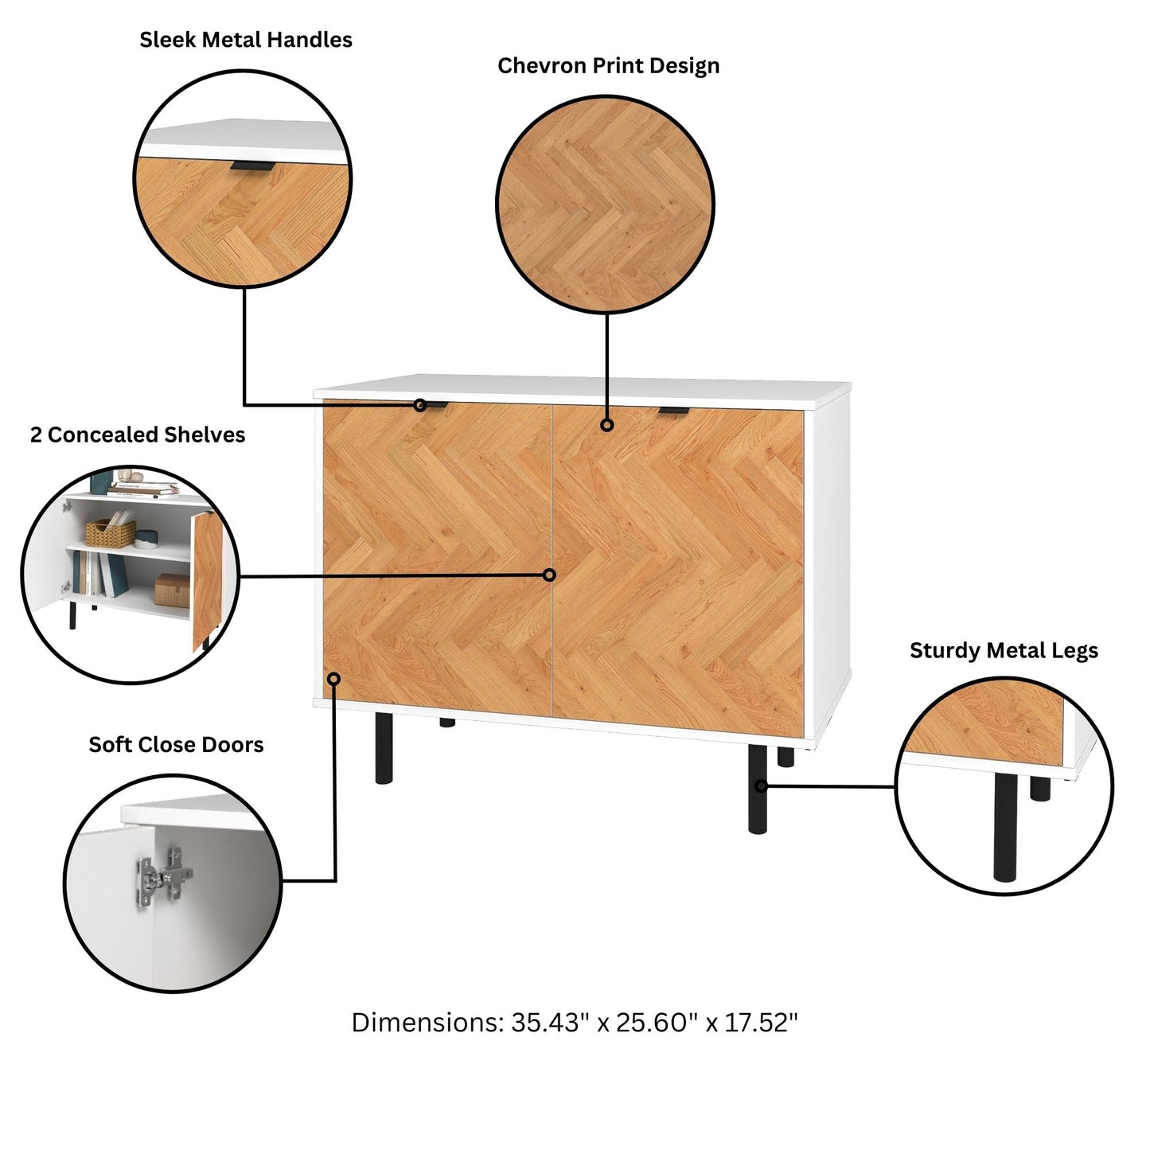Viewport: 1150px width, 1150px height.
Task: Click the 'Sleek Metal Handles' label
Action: click(246, 40)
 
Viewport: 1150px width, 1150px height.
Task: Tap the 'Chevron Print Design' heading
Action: click(608, 65)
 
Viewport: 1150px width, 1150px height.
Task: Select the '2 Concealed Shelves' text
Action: click(138, 435)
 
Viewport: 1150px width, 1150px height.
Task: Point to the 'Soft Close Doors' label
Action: click(176, 745)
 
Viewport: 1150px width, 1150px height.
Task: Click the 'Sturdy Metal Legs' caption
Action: click(1004, 651)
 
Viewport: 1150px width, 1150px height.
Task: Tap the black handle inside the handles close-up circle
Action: click(252, 166)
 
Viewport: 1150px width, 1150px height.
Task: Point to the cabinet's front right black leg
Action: click(758, 788)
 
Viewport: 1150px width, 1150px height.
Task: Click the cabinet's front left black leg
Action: click(384, 748)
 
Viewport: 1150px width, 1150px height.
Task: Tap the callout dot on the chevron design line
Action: click(607, 425)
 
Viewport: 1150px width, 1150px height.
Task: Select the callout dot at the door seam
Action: click(550, 575)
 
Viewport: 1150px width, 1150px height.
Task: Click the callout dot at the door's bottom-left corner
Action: click(334, 679)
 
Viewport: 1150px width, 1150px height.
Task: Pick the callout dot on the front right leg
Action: click(761, 786)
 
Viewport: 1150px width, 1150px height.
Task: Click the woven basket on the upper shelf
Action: click(111, 532)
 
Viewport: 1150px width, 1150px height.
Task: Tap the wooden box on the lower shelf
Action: click(173, 591)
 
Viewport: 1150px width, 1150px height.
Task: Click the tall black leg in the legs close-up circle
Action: click(1004, 826)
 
